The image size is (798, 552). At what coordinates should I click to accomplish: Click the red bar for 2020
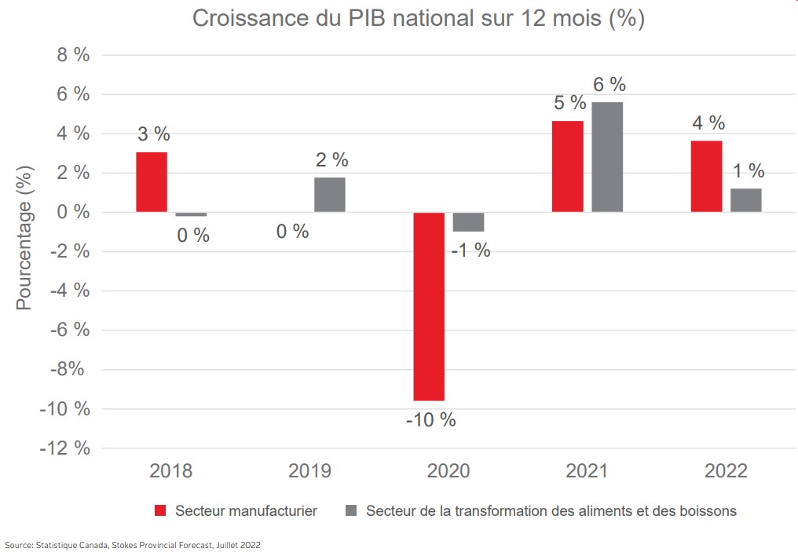tap(429, 306)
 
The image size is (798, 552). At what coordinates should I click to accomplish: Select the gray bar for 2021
tap(607, 157)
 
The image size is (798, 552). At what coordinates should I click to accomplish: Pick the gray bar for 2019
tap(330, 195)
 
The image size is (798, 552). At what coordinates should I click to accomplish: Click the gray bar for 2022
tap(746, 200)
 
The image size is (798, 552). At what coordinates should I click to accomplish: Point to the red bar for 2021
tap(568, 166)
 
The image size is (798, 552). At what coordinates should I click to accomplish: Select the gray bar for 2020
tap(468, 221)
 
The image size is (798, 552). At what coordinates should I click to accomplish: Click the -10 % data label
tap(430, 419)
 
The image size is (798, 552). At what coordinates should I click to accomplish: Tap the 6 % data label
tap(609, 85)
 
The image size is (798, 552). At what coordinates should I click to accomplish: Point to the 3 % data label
tap(154, 134)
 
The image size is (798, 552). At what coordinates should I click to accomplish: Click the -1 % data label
tap(471, 250)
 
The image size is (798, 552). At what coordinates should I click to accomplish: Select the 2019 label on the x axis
tap(309, 471)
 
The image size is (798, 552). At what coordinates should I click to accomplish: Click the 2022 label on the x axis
tap(726, 471)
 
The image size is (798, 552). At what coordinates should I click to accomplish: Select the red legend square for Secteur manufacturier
tap(161, 511)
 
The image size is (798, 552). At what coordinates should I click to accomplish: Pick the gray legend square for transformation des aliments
tap(351, 511)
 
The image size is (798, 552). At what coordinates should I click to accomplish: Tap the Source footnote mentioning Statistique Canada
tap(133, 544)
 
